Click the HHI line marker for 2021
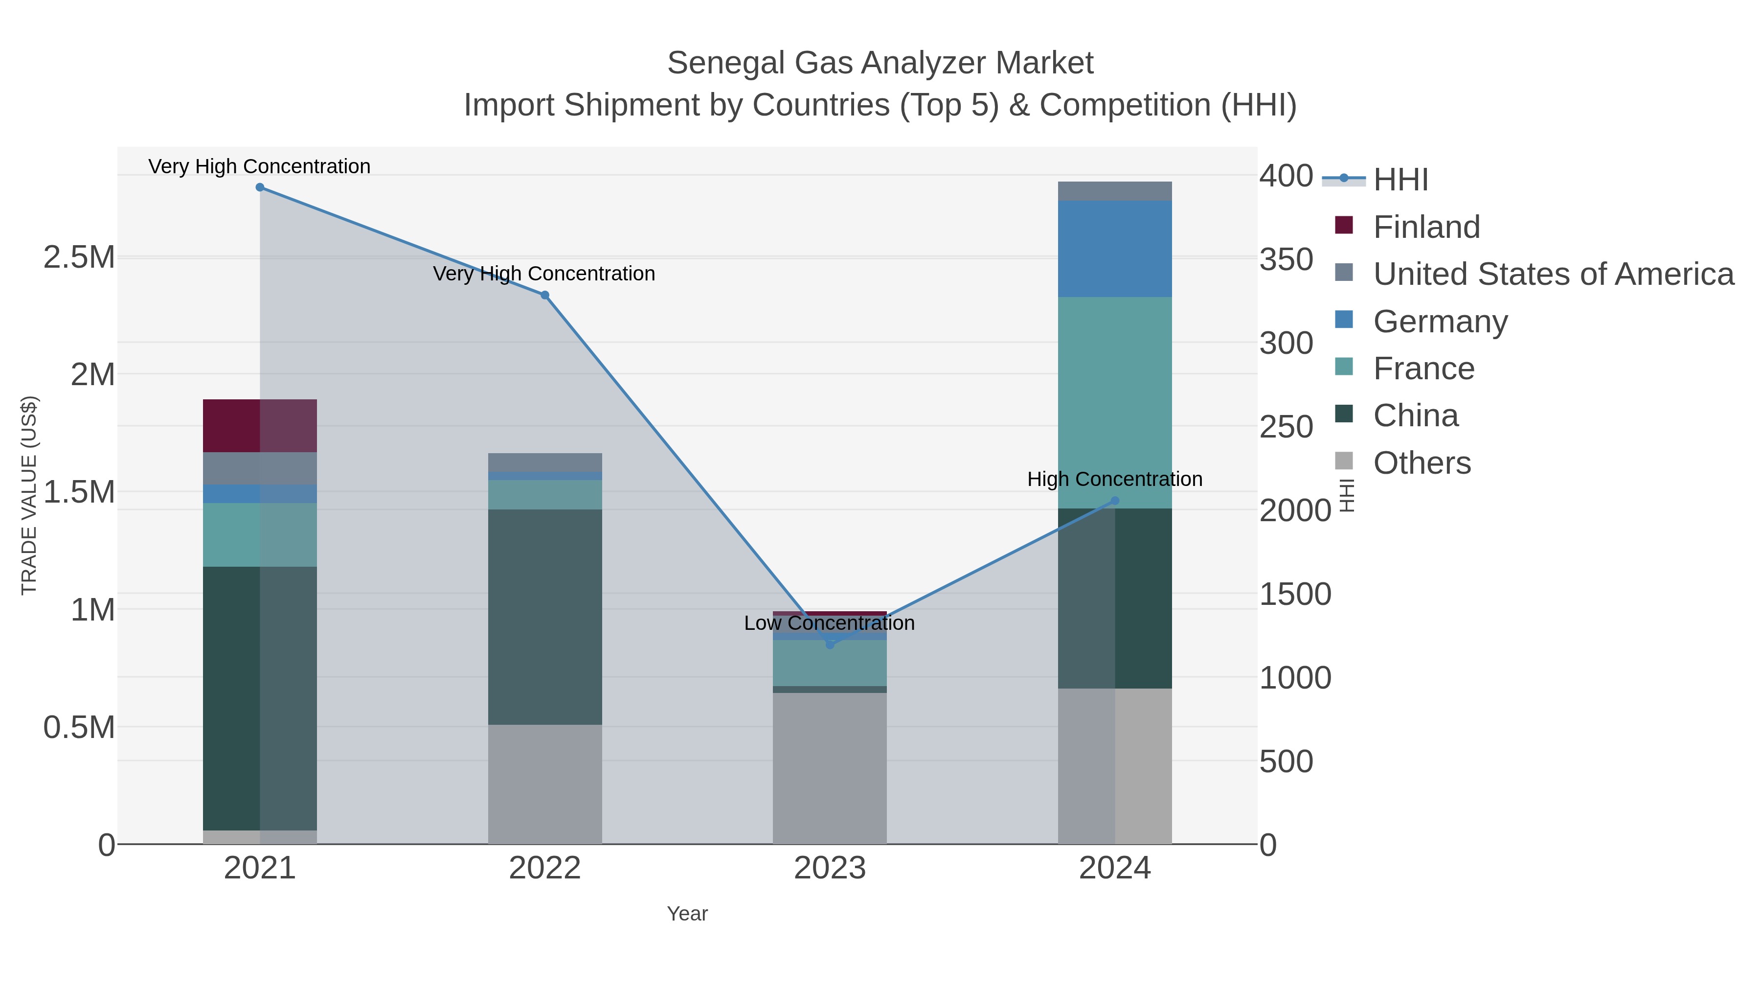point(260,187)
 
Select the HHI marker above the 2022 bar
point(545,296)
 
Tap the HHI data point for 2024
point(1115,501)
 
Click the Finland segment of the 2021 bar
point(260,425)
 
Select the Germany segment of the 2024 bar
point(1115,249)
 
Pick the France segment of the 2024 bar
point(1115,402)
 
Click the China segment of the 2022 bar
point(545,617)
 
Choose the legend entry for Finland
point(1426,227)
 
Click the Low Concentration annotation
point(829,623)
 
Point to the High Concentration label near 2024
point(1114,480)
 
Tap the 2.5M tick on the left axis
point(79,258)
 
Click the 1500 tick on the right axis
point(1295,594)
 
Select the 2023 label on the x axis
point(830,869)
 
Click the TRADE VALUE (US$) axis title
point(29,495)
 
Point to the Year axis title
point(687,914)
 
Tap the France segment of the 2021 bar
point(260,535)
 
